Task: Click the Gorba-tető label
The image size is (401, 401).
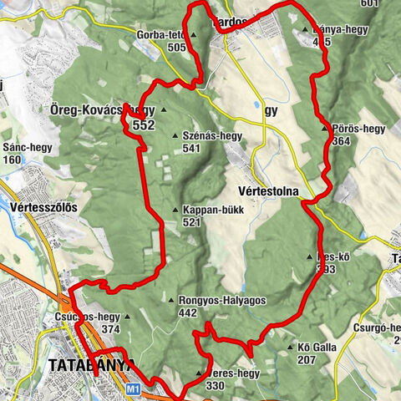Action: (160, 35)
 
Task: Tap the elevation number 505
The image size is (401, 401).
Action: (176, 48)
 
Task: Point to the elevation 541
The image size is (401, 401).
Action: (193, 149)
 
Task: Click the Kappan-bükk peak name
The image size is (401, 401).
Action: (213, 211)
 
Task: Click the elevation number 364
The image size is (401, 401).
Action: (341, 142)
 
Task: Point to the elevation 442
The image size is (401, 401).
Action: (189, 313)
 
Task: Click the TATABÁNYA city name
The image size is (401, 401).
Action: (91, 366)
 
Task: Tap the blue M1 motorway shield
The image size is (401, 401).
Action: (134, 388)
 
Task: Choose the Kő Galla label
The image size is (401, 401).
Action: (317, 347)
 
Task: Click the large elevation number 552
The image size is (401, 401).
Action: (144, 125)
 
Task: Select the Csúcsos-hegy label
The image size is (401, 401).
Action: (87, 317)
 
